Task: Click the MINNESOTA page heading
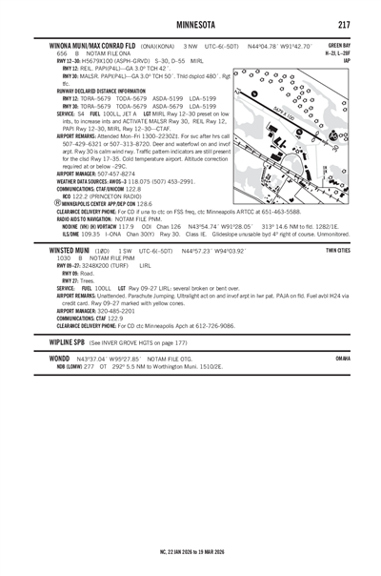190,22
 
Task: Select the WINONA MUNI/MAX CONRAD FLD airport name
87,44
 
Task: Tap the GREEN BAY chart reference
338,44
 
